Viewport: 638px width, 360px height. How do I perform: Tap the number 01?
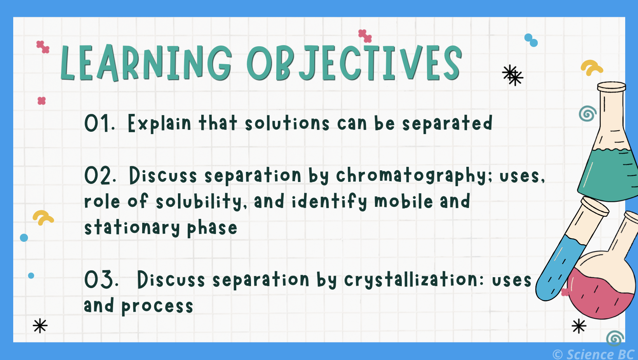point(99,124)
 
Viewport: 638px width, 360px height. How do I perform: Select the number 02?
point(100,176)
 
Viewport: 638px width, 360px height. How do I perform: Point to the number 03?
point(101,280)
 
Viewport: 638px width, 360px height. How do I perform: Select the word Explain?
point(159,124)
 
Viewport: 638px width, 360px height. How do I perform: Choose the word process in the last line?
point(157,306)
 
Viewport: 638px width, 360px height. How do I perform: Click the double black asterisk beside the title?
point(512,75)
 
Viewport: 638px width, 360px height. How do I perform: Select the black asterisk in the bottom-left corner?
point(40,326)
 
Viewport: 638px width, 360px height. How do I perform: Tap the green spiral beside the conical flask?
point(587,114)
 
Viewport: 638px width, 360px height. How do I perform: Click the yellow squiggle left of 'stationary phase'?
point(42,217)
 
